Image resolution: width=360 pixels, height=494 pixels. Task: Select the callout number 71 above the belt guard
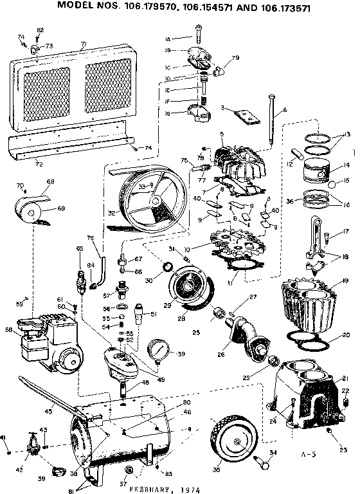pyautogui.click(x=84, y=44)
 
